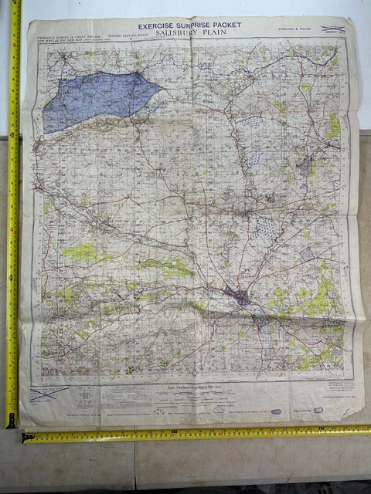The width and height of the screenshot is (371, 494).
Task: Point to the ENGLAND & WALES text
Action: (x=297, y=29)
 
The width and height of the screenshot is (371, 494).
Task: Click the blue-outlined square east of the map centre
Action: (x=308, y=253)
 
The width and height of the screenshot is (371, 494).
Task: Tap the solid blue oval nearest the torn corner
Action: (x=318, y=410)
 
